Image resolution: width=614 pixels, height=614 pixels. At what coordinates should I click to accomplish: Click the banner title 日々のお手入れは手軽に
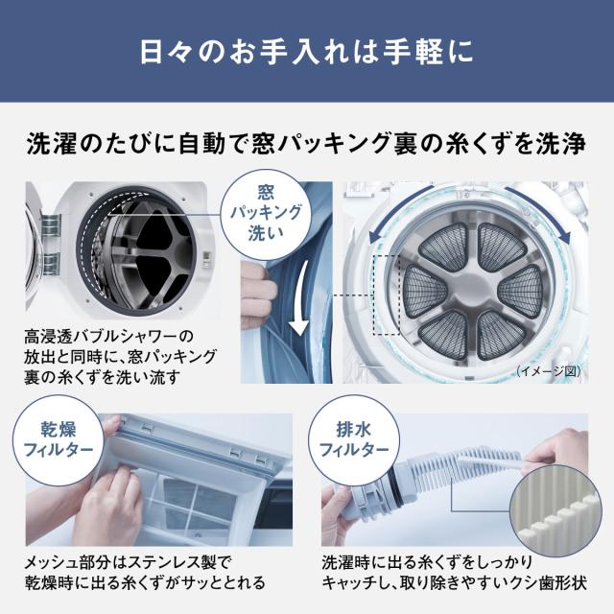[x=307, y=50]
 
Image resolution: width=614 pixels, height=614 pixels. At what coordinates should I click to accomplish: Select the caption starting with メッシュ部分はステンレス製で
[x=144, y=572]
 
